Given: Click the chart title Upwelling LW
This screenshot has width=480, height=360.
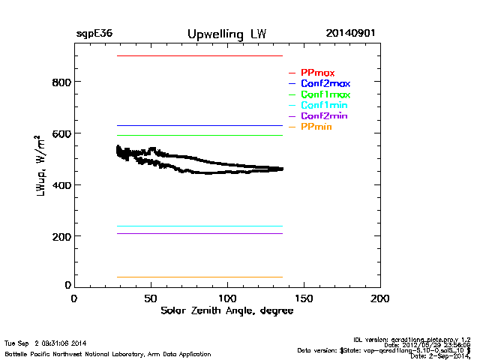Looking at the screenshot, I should pos(226,34).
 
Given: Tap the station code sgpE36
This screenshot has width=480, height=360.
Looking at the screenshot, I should pos(94,34).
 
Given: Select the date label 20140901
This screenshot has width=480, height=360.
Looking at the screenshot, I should pos(351,34).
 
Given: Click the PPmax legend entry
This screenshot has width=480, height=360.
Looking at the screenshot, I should pos(317,73).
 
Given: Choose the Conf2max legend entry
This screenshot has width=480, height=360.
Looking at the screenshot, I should pos(325,84).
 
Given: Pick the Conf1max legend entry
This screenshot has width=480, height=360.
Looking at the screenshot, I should pos(325,95).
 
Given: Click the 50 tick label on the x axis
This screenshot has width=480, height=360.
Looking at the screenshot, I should pos(151,298).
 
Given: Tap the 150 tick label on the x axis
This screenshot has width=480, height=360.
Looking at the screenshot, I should pos(304,298).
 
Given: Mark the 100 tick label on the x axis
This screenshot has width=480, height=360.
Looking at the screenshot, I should pos(227,298).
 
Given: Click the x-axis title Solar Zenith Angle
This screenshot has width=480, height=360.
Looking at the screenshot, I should pos(226,310).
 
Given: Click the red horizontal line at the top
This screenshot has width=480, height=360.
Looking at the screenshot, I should pos(199,56).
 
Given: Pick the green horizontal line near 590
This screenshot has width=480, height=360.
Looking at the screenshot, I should pos(199,136).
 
